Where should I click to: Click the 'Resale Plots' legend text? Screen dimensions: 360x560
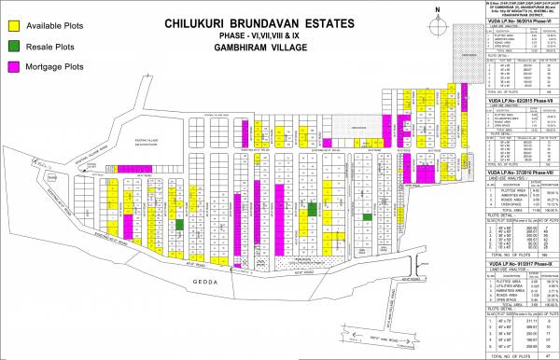[53, 46]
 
